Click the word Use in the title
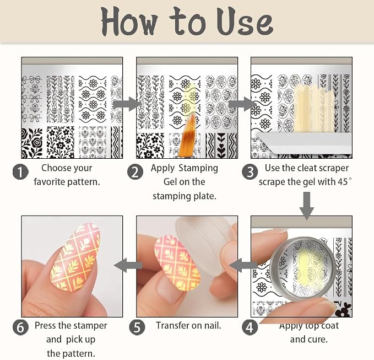tap(245, 22)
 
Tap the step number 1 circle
tap(20, 172)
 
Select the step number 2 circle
tap(135, 172)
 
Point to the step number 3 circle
tap(250, 172)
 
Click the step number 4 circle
tap(250, 327)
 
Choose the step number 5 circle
tap(137, 327)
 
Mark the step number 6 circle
tap(20, 327)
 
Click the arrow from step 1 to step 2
tap(127, 104)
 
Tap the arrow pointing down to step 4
tap(307, 206)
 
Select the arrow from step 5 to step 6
tap(128, 265)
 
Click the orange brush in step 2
tap(188, 137)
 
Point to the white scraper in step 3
tap(303, 143)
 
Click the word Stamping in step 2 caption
tap(198, 168)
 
